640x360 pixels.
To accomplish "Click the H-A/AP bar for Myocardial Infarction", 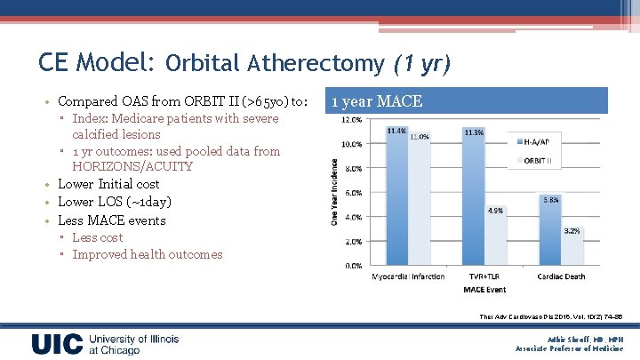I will tap(397, 201).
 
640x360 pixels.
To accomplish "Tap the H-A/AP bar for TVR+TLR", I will tap(474, 201).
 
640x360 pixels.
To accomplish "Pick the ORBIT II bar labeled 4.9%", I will tap(495, 241).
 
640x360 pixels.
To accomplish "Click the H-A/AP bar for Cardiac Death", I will tap(550, 235).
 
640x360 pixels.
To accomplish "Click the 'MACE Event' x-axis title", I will tap(484, 290).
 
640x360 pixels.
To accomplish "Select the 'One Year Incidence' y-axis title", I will tap(335, 192).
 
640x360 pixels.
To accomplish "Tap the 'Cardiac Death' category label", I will tap(561, 276).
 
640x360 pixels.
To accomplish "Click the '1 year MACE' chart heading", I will tap(377, 102).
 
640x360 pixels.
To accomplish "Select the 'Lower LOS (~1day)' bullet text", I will tap(115, 202).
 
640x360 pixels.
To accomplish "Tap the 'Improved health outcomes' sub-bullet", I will tap(148, 254).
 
